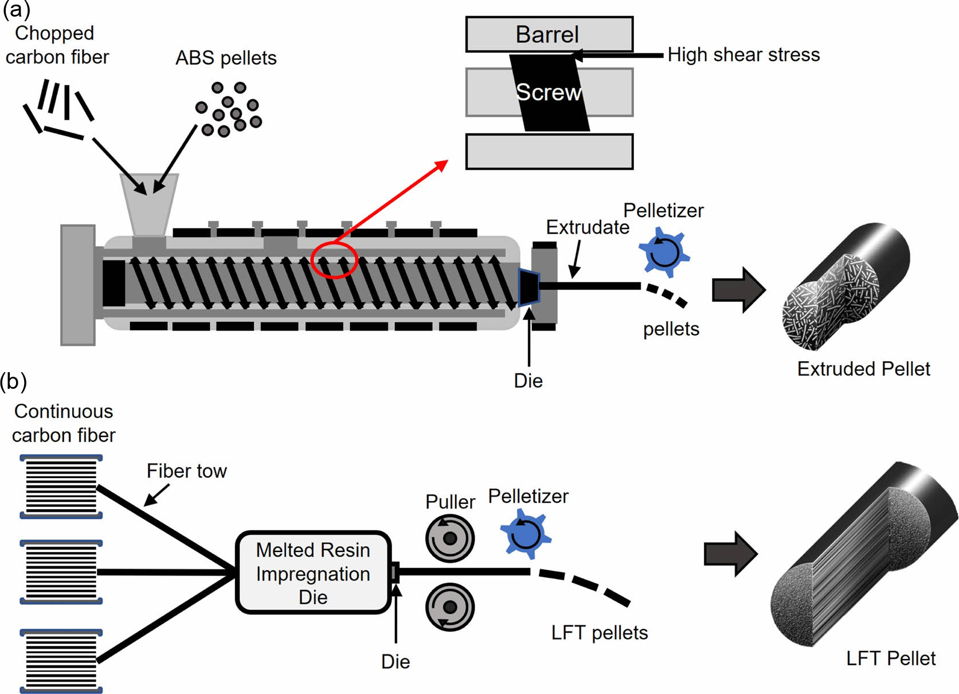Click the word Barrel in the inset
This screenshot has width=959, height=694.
(547, 34)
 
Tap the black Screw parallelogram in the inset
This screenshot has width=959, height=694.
(549, 93)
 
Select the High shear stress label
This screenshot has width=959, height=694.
(743, 55)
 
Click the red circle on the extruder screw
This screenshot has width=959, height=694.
(334, 261)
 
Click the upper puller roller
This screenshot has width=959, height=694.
(449, 538)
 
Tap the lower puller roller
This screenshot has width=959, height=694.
(449, 607)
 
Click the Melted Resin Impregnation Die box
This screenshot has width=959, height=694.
(313, 573)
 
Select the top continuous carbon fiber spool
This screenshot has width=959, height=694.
(61, 486)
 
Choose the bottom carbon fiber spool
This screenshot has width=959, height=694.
(61, 661)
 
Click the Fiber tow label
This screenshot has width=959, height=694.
(186, 471)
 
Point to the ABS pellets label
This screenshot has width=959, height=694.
(226, 58)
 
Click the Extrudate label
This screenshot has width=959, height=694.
(588, 227)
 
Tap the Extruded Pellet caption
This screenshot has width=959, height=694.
(863, 369)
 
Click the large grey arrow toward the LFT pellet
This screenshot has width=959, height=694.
(731, 554)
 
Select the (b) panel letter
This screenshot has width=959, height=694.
(13, 381)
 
